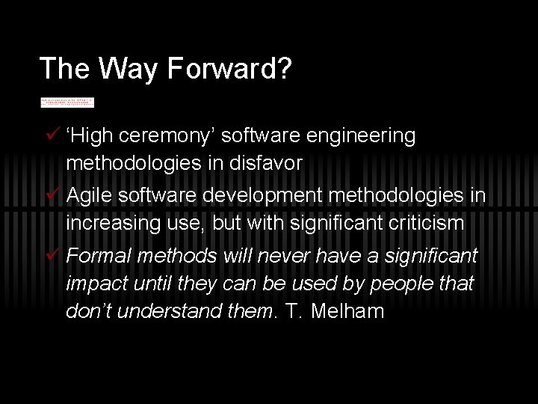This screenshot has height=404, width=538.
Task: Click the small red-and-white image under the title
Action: click(67, 102)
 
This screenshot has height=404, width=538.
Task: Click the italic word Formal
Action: click(96, 257)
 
